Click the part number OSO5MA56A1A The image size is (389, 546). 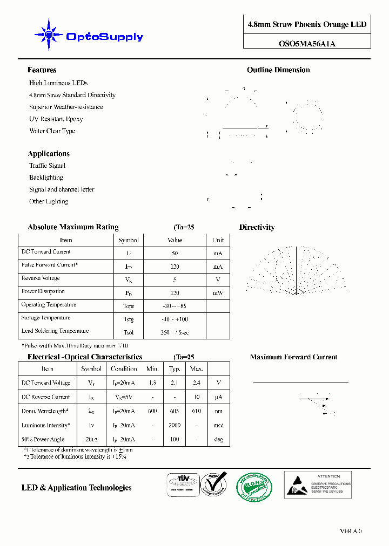(307, 44)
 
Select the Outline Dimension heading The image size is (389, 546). (278, 70)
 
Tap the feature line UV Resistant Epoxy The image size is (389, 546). (56, 119)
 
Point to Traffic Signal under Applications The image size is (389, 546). (47, 166)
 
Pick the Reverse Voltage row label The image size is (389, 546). (41, 278)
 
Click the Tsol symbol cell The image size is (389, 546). (128, 332)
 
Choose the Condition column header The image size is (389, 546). (124, 369)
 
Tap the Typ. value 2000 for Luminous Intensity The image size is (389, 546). (175, 425)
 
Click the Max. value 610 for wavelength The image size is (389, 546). (196, 411)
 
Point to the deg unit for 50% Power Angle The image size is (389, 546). (218, 439)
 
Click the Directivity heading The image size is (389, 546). (257, 228)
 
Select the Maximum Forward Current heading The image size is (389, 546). (293, 357)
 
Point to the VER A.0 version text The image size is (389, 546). (351, 531)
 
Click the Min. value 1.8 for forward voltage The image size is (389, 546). (152, 383)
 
